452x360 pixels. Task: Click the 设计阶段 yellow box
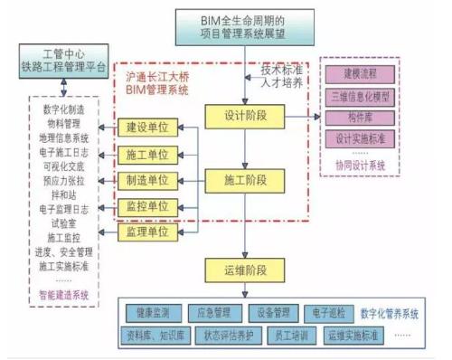244,116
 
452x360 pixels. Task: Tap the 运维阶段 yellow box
244,269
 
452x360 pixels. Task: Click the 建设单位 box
148,126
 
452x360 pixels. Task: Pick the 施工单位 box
148,153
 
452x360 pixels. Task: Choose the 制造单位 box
148,179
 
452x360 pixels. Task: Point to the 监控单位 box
148,206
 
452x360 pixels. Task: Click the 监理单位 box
148,233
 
